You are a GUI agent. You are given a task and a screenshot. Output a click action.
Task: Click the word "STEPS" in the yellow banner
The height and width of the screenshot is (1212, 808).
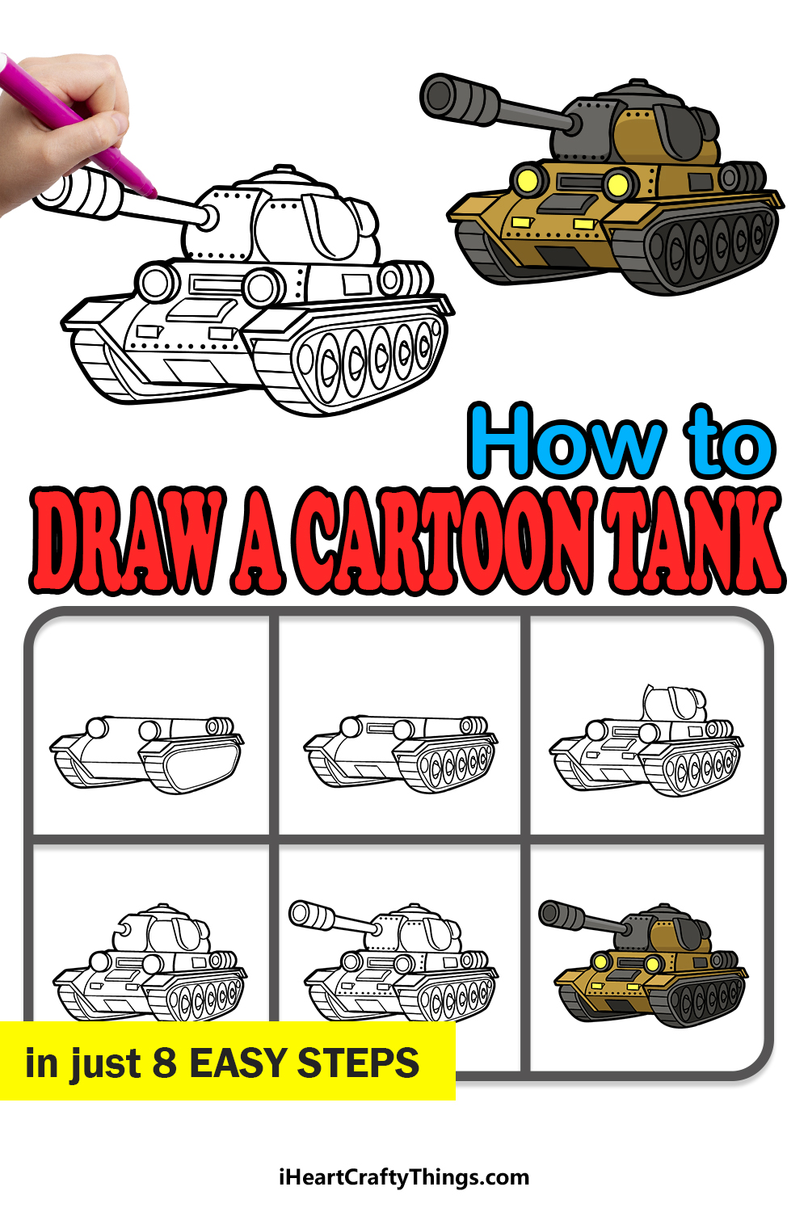358,1063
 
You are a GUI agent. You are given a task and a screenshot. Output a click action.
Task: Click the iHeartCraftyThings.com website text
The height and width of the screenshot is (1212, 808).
404,1177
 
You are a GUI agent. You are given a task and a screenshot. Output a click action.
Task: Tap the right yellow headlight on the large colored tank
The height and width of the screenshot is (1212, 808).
618,184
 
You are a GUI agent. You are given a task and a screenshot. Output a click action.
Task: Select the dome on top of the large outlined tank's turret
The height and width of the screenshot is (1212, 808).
280,176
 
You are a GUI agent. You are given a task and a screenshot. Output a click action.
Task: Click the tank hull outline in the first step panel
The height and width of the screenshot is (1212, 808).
147,754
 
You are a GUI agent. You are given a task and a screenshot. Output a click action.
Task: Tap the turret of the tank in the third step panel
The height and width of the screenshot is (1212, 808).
675,703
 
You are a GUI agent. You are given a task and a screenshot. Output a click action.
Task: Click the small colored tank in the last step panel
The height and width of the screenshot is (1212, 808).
644,964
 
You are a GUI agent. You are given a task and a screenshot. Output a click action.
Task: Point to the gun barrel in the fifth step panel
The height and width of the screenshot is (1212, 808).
335,920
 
